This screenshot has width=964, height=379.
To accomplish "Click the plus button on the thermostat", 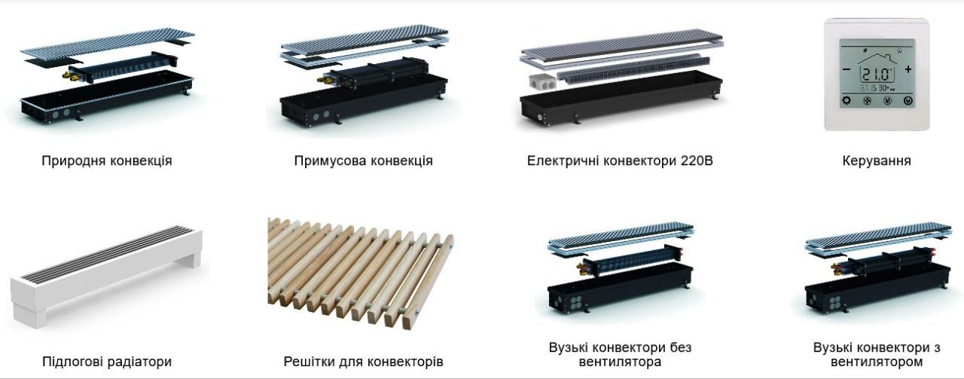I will [908, 69].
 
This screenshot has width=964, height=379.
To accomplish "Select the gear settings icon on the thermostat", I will [846, 100].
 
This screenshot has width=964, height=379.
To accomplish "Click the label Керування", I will [877, 160].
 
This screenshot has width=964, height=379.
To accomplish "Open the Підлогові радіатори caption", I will [106, 362].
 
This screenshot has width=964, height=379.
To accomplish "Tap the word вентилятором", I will [877, 362].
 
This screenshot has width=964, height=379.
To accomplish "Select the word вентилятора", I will [620, 362].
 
